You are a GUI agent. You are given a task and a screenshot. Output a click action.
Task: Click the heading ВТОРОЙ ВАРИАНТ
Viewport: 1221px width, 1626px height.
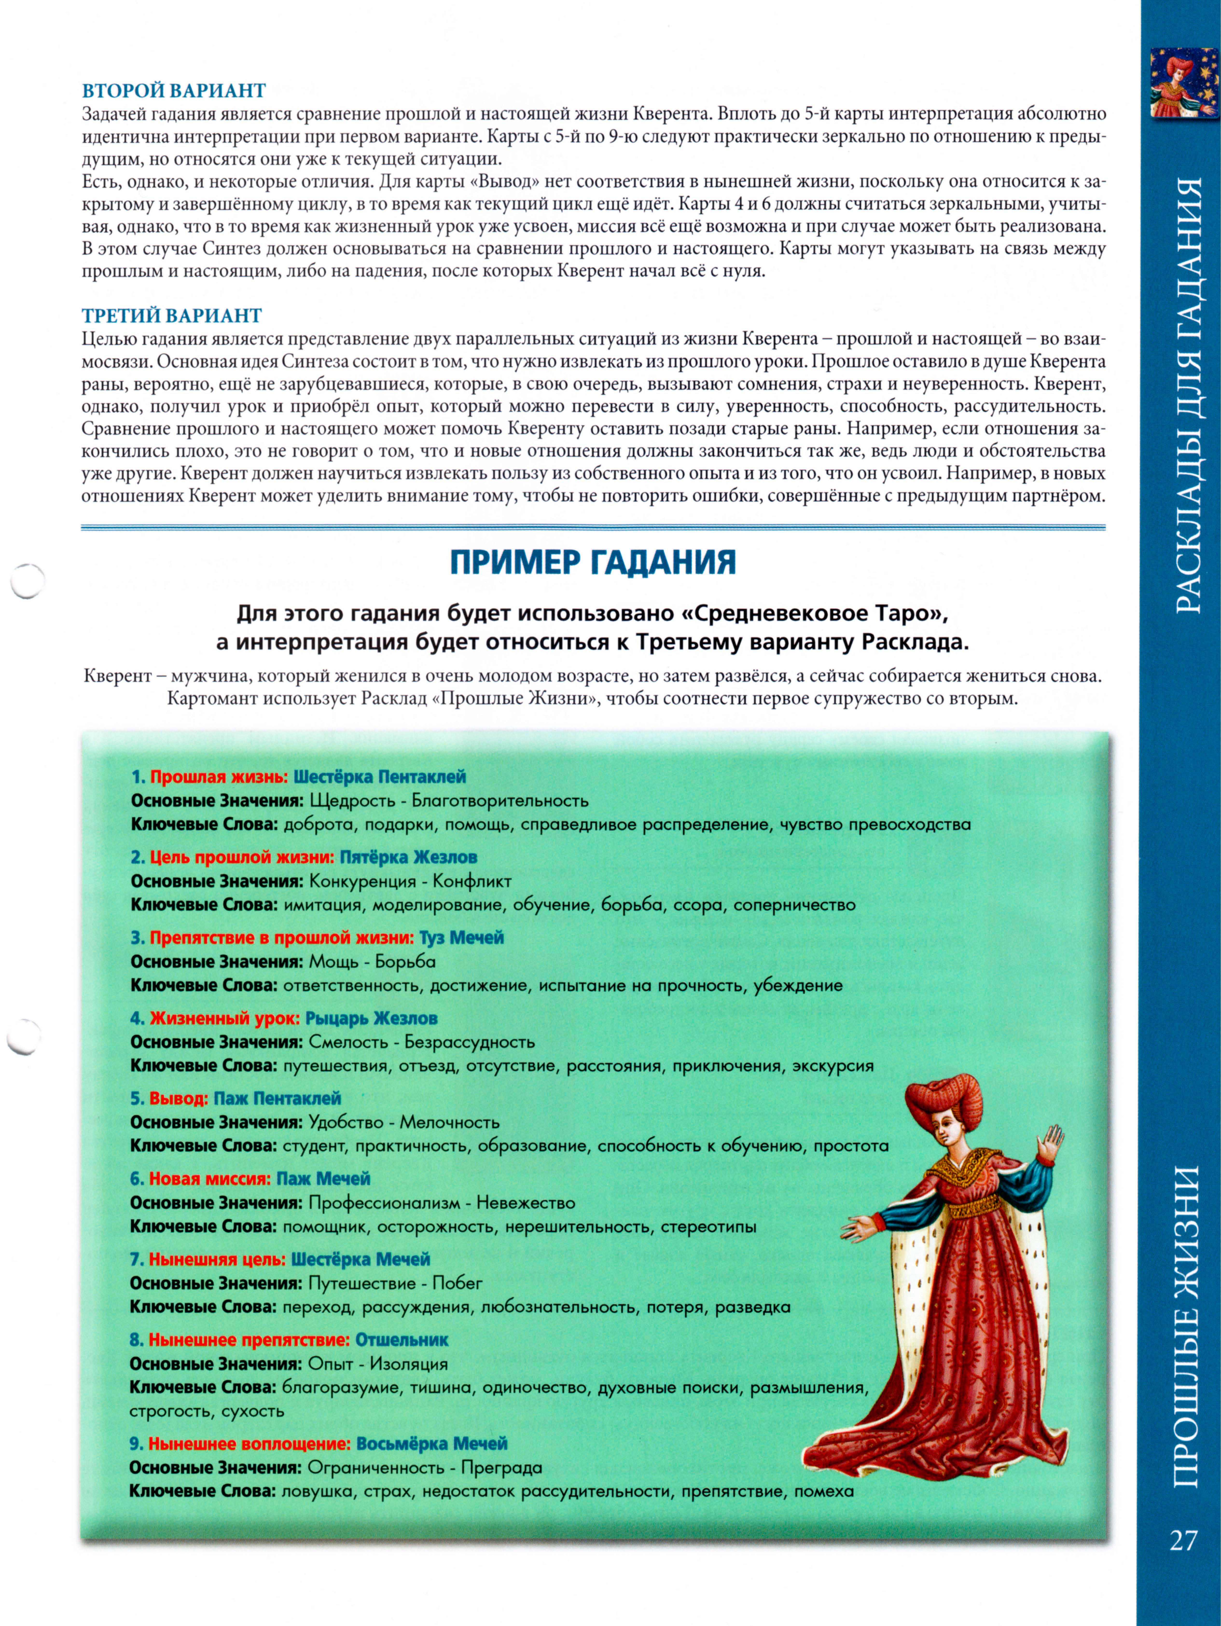point(173,90)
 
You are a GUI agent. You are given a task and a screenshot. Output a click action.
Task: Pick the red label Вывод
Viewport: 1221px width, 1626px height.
point(179,1098)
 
